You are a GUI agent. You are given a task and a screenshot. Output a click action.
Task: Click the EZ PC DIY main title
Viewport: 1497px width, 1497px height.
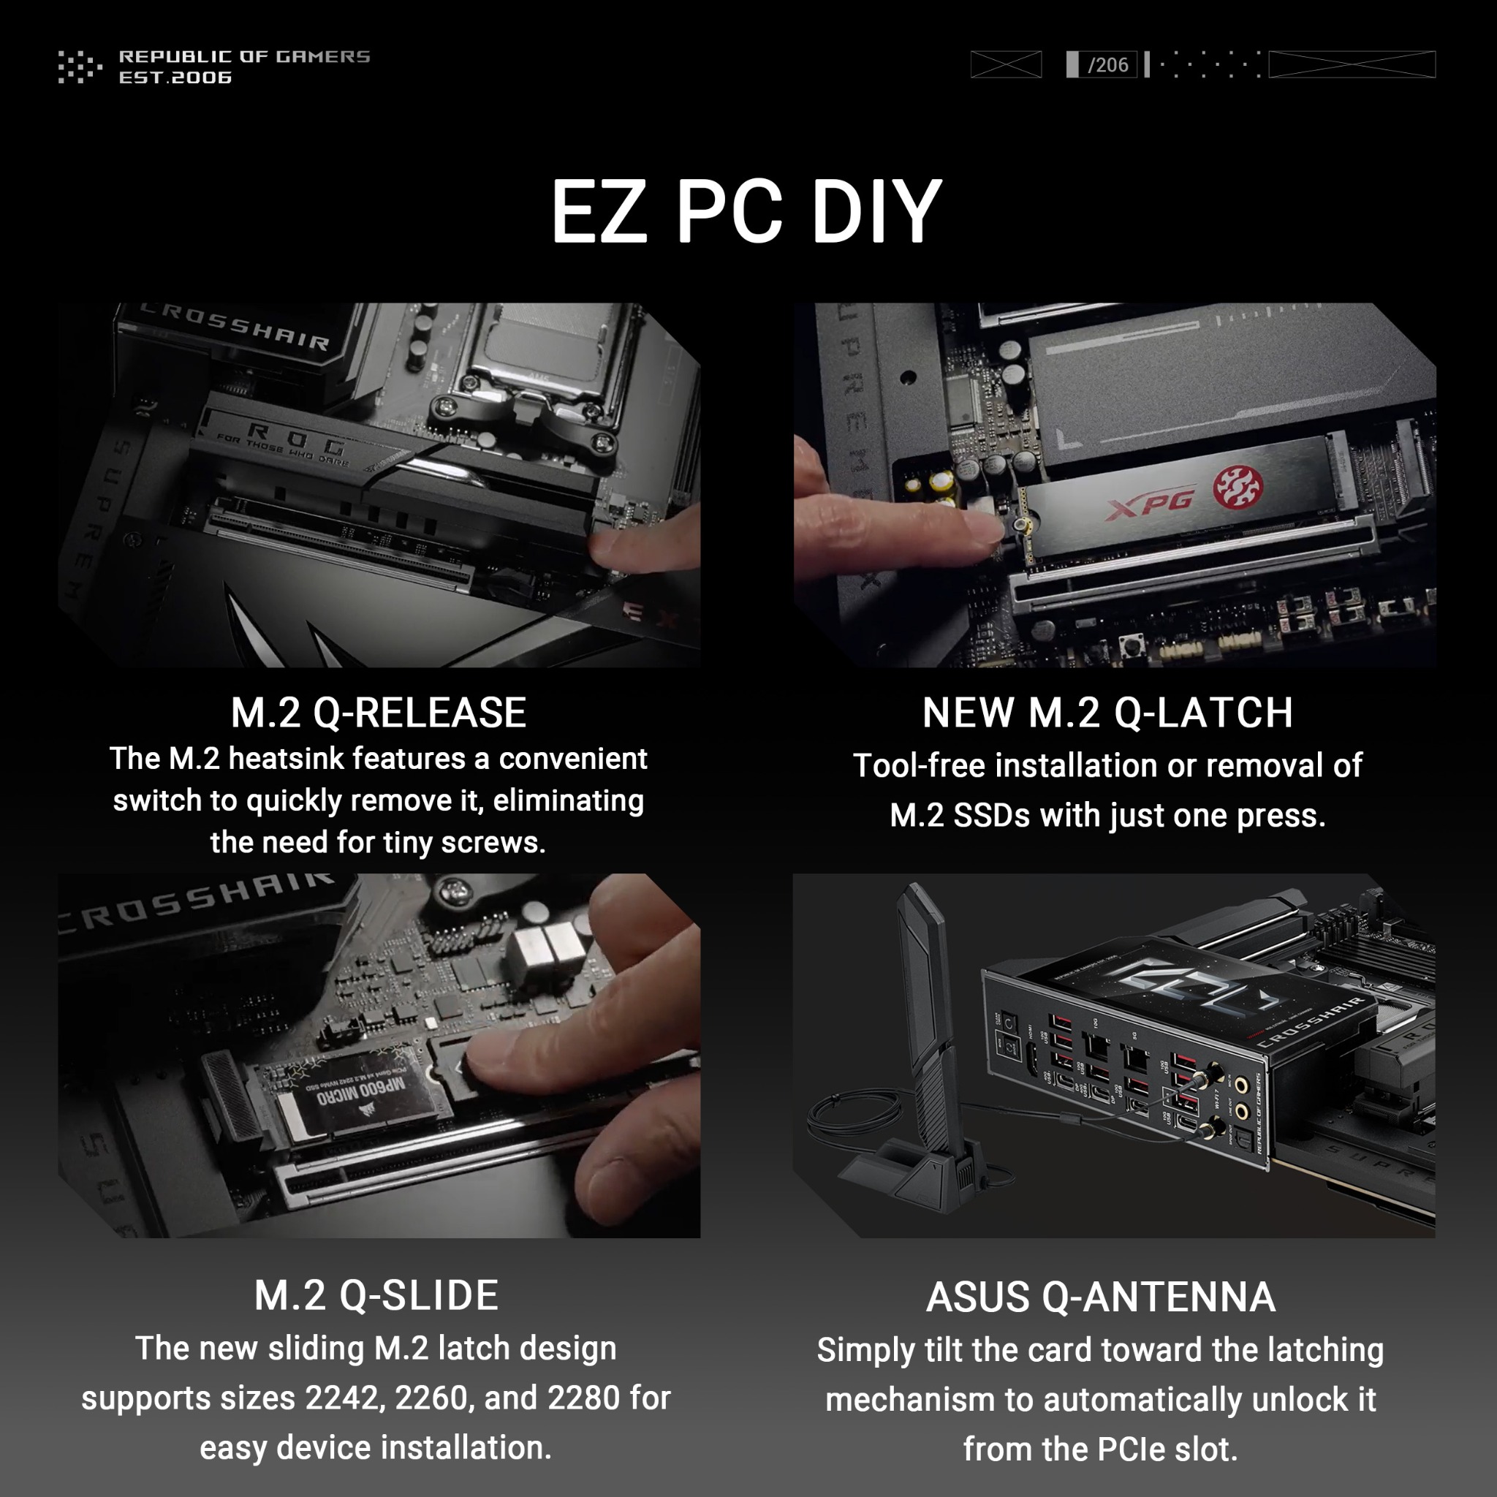[x=746, y=212]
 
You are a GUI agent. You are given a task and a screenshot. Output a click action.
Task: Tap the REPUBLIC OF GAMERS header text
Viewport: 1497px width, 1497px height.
[x=244, y=56]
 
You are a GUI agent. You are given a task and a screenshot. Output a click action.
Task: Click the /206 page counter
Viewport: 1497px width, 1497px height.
[x=1107, y=65]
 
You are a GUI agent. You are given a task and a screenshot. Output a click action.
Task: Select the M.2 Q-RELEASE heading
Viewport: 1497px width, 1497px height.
[x=378, y=713]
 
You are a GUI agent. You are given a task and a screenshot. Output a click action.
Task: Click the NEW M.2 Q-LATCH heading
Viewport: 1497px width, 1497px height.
[x=1107, y=713]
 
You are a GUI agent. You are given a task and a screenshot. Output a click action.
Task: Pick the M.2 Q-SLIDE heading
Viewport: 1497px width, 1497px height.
[x=376, y=1295]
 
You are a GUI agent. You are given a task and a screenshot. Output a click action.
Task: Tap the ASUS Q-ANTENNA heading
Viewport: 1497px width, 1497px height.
[x=1100, y=1297]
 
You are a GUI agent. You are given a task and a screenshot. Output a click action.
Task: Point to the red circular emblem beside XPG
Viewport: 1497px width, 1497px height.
[x=1238, y=488]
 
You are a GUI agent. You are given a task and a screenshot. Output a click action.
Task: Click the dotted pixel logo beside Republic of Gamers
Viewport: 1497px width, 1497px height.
[x=80, y=67]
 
